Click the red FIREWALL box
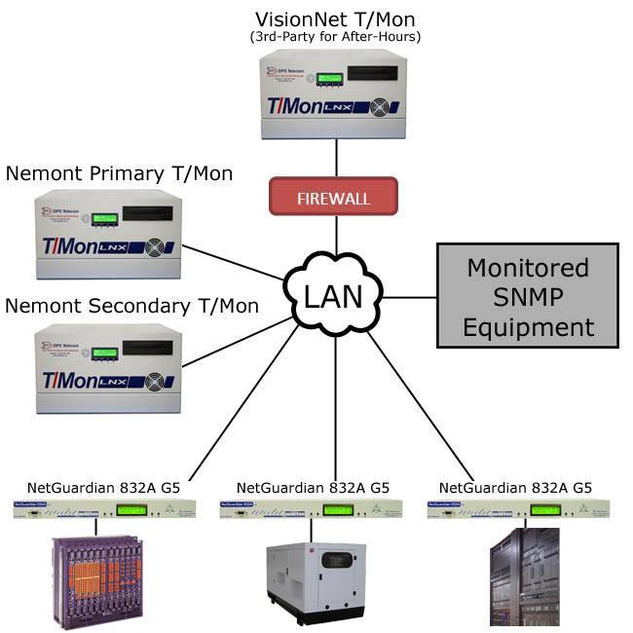[334, 197]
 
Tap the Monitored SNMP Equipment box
[527, 296]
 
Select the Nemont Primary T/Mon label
[119, 173]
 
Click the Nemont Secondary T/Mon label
[132, 306]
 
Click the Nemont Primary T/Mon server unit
[108, 234]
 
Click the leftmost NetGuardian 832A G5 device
[104, 509]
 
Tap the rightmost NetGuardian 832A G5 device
[518, 509]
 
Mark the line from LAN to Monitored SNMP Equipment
[409, 296]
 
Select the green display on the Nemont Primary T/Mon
[104, 218]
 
